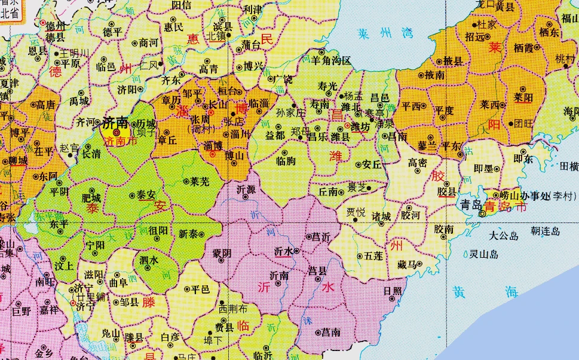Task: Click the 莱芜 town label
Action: pyautogui.click(x=200, y=181)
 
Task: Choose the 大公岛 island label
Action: pyautogui.click(x=503, y=236)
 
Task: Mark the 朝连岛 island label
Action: pyautogui.click(x=545, y=230)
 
